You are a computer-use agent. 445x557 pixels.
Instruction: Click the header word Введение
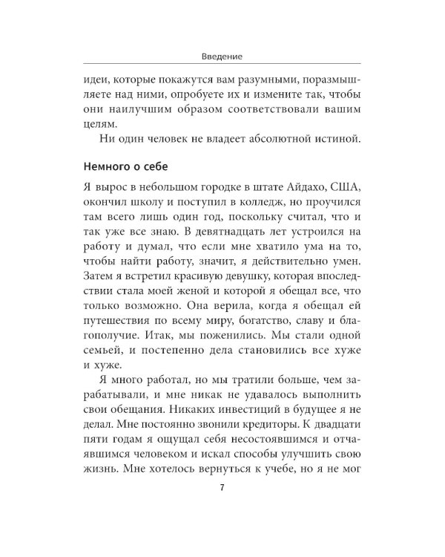pos(222,56)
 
